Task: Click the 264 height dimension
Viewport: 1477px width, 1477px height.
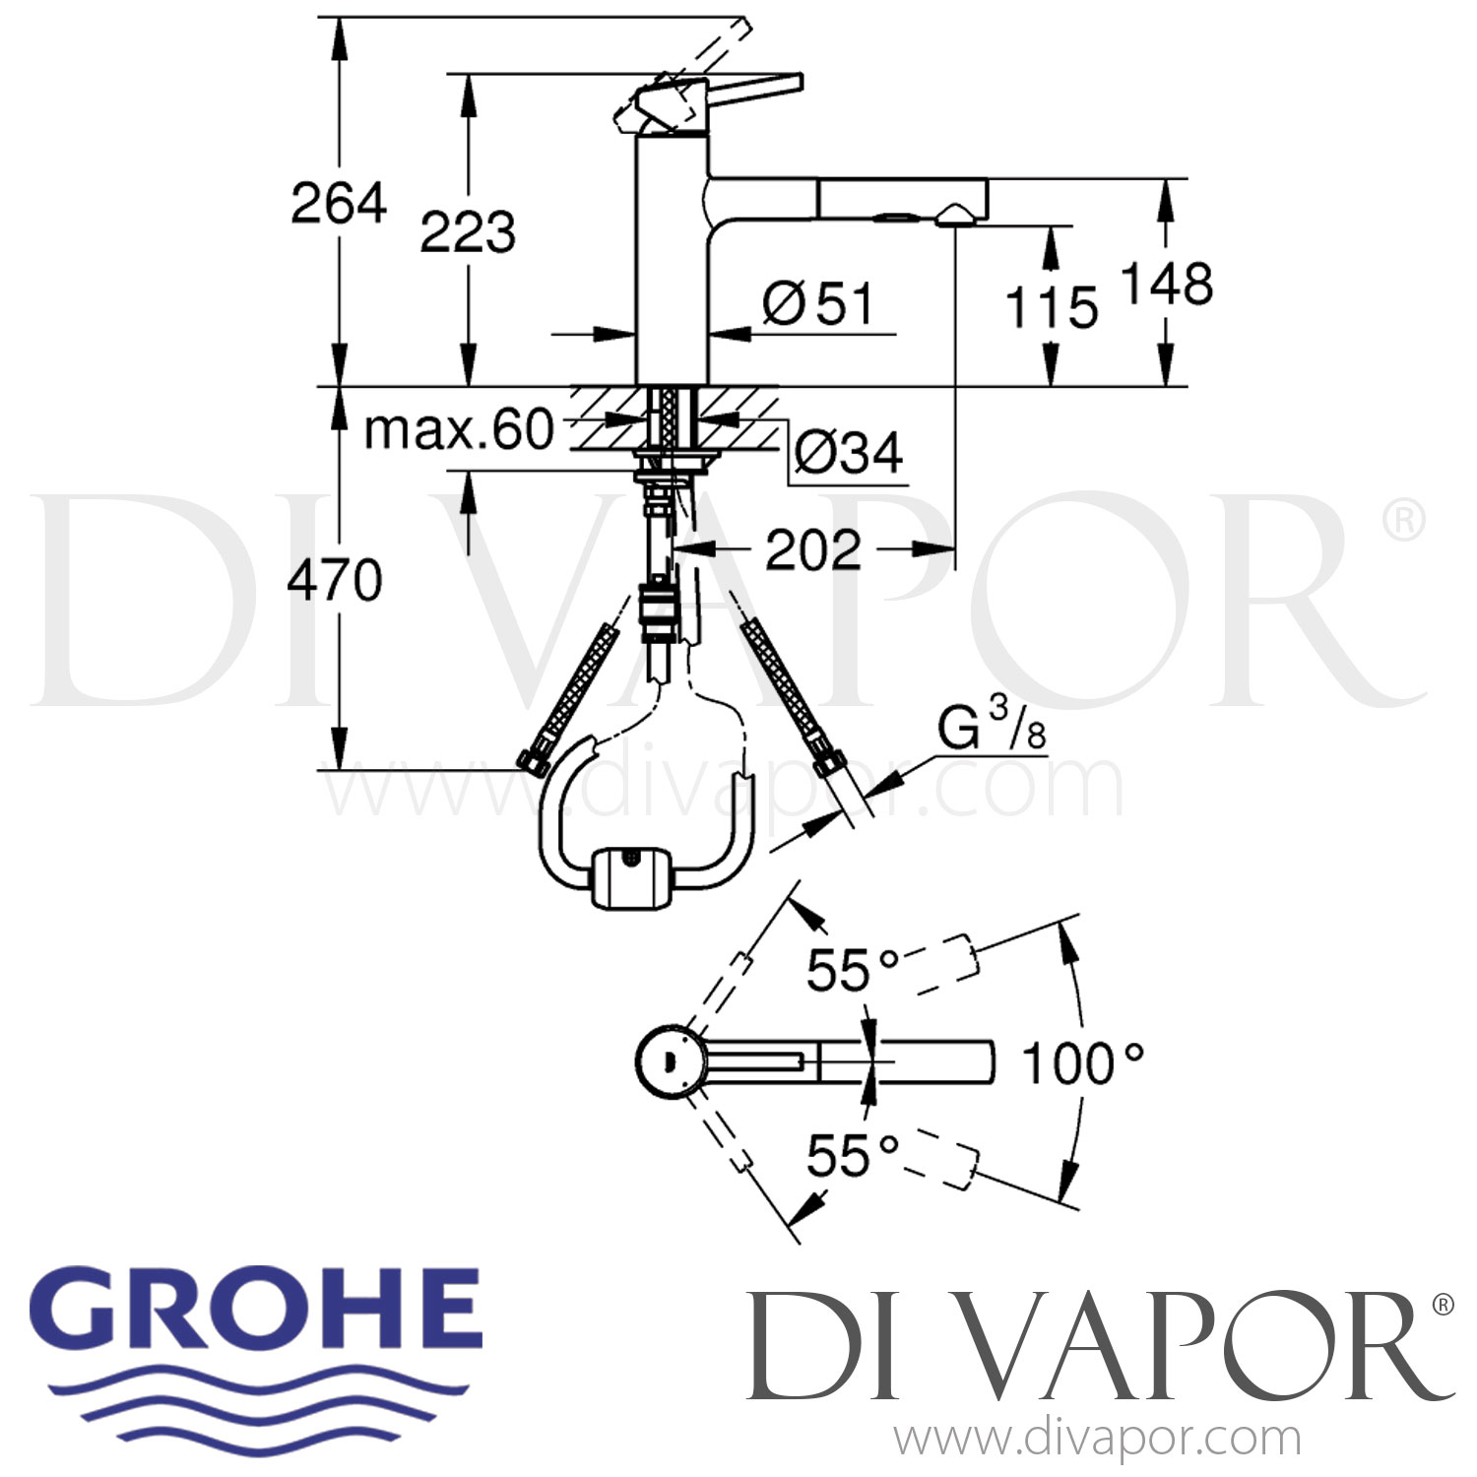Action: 339,203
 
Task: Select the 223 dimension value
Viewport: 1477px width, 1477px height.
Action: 468,232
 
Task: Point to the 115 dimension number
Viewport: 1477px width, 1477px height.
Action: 1051,307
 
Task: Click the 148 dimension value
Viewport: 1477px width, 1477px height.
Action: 1167,285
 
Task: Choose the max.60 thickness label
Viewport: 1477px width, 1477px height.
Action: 459,429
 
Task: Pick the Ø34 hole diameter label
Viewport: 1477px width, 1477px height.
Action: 848,453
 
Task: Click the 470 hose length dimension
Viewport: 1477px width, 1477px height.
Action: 335,580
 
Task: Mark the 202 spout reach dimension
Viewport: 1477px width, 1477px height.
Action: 813,549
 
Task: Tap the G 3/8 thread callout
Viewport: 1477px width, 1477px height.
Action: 991,731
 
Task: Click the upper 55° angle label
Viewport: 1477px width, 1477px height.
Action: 853,970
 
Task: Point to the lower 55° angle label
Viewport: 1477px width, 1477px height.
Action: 853,1155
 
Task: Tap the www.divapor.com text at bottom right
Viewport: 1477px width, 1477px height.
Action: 1097,1439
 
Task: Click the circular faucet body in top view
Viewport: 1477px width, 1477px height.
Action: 669,1061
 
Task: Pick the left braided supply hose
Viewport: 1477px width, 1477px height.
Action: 571,693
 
